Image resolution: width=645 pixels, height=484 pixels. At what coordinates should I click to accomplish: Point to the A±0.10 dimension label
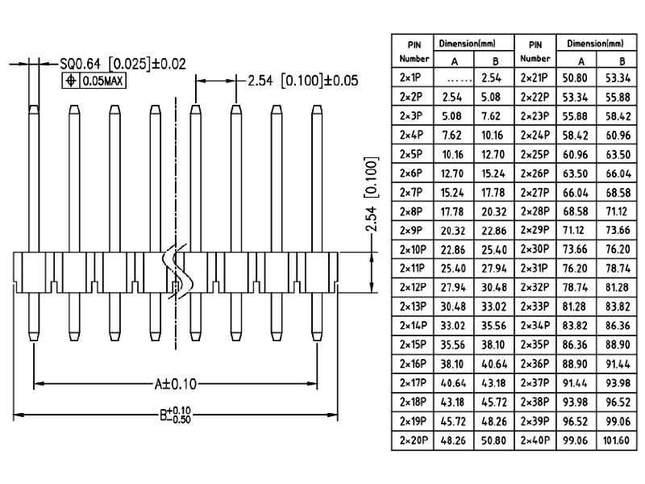[176, 383]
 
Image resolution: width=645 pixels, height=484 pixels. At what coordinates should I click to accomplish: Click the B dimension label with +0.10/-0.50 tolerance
[176, 415]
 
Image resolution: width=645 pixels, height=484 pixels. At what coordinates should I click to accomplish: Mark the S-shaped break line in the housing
[176, 274]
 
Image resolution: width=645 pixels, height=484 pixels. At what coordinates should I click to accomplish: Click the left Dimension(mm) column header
[466, 43]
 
